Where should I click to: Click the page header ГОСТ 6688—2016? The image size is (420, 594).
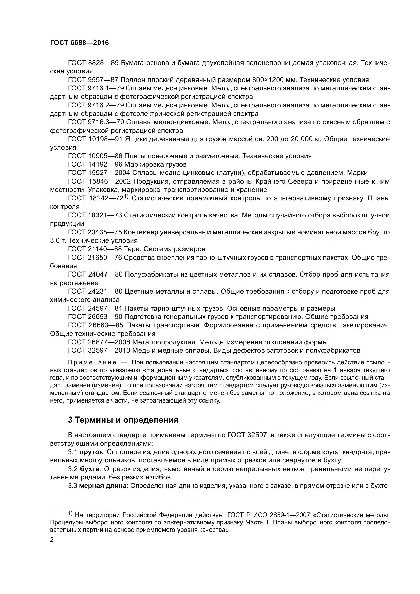[x=79, y=43]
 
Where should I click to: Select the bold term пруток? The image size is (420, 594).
[x=91, y=452]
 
